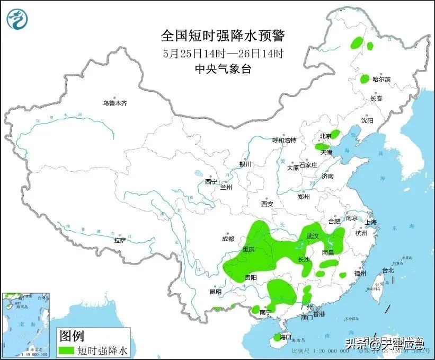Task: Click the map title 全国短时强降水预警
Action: [223, 36]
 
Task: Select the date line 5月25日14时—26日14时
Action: [223, 53]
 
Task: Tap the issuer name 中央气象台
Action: [223, 68]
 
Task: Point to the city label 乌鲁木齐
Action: [115, 103]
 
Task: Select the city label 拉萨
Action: [120, 240]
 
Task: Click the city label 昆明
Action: [215, 291]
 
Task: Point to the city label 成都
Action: [228, 239]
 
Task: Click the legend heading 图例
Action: [71, 336]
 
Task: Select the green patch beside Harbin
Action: [365, 79]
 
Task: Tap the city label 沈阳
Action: [367, 121]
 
